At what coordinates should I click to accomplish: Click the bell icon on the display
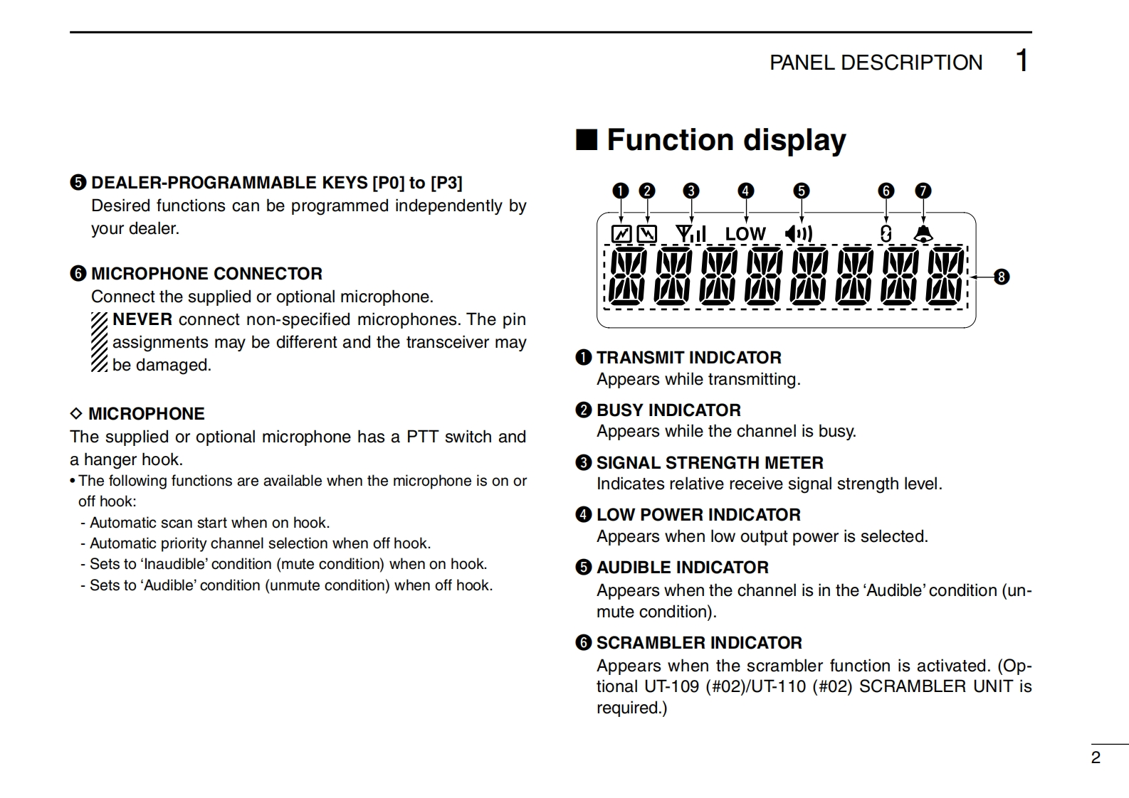point(923,233)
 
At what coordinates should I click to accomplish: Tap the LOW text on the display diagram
point(745,234)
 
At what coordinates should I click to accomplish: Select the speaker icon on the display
point(798,234)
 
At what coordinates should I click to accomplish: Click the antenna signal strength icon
point(690,233)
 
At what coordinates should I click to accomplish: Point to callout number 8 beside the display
point(1002,277)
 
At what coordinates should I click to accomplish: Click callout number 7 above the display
point(923,191)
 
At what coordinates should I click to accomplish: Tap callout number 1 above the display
point(621,191)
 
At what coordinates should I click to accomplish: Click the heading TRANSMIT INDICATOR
point(688,358)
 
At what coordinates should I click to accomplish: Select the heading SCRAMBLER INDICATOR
point(699,643)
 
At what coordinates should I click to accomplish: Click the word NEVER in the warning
point(142,319)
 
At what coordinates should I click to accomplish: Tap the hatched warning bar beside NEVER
point(100,342)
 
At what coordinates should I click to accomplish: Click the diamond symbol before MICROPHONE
point(76,414)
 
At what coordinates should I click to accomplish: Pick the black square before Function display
point(587,140)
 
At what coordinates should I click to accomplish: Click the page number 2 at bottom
point(1096,757)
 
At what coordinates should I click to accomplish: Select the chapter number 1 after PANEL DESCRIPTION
point(1022,61)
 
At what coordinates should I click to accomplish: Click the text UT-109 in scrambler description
point(672,686)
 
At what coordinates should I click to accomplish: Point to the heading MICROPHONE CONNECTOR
point(206,274)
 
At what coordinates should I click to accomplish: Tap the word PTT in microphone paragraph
point(422,437)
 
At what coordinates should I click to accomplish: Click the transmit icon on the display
point(621,234)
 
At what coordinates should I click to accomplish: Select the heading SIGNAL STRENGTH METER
point(710,463)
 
